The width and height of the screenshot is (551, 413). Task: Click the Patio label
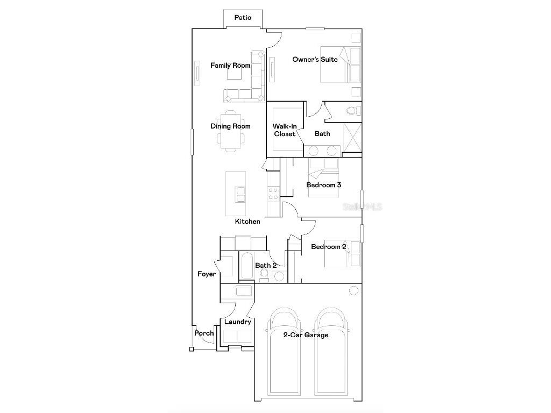point(243,18)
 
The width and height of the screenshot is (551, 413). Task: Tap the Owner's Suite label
point(315,59)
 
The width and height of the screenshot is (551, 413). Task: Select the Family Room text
point(230,66)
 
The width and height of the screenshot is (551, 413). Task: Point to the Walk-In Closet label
point(285,130)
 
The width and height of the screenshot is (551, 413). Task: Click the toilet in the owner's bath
point(352,111)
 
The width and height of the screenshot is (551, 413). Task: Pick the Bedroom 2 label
point(328,247)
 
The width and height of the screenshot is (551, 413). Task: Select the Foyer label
point(207,274)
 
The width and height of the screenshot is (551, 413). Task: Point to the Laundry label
point(238,322)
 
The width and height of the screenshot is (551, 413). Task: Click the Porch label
point(204,333)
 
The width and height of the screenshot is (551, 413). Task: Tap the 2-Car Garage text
point(306,335)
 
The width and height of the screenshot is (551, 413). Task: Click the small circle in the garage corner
point(354,291)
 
